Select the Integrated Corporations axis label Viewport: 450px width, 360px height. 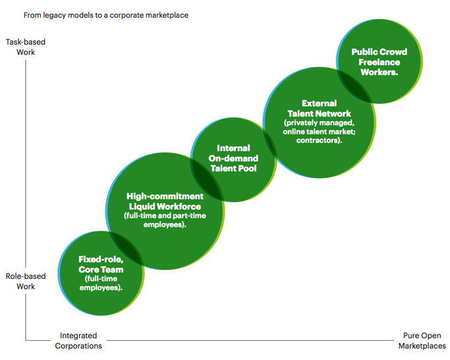pyautogui.click(x=78, y=340)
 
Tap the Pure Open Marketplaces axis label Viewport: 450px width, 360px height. pyautogui.click(x=423, y=340)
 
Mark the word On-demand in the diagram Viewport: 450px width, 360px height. pyautogui.click(x=234, y=158)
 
